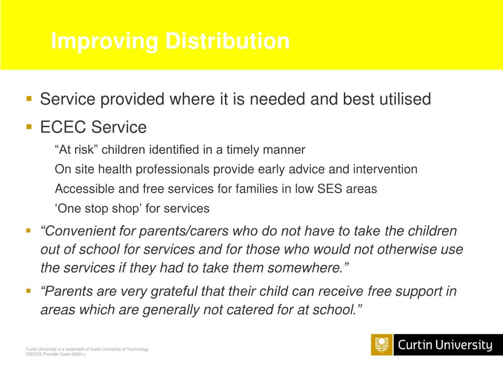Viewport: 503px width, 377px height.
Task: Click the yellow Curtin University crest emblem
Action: tap(382, 345)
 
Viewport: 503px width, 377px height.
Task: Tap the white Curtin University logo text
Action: tap(445, 345)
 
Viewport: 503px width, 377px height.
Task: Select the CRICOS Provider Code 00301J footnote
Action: tap(56, 354)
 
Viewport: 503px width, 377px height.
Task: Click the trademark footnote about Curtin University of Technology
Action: tap(87, 349)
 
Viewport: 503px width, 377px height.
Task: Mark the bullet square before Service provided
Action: tap(29, 98)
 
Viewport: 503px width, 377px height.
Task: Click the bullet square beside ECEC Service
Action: tap(29, 127)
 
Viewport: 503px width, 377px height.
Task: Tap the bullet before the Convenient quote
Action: tap(29, 230)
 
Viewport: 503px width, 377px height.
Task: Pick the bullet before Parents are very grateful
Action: tap(29, 291)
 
